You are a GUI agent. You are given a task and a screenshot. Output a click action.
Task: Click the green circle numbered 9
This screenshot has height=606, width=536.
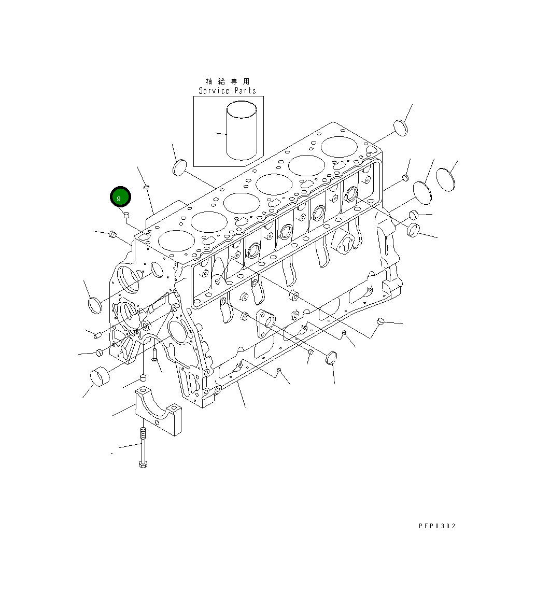[120, 198]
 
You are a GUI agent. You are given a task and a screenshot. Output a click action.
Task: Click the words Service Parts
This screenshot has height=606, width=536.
[228, 91]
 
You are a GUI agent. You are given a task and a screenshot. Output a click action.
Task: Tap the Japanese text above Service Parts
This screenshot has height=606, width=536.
[228, 81]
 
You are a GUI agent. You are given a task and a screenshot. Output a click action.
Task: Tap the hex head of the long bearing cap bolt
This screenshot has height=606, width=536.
[144, 463]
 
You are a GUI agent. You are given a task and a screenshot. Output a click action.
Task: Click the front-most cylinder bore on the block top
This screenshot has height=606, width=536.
[176, 241]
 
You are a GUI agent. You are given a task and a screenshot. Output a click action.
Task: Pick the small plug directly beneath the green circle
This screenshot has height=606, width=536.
[126, 215]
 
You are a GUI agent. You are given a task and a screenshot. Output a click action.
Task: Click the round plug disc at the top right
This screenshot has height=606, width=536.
[400, 127]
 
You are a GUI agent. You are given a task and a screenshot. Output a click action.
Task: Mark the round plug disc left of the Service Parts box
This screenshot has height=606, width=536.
[178, 167]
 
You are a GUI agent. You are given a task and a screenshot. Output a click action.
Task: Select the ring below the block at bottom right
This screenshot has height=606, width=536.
[331, 358]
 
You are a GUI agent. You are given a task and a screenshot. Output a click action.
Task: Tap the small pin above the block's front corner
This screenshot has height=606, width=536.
[146, 188]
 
